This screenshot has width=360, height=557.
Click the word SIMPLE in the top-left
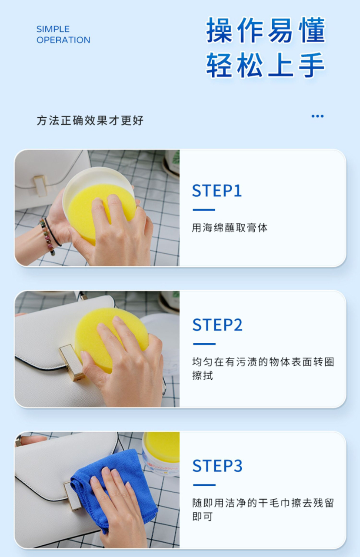[x=53, y=29]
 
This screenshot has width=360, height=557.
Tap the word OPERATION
[x=63, y=40]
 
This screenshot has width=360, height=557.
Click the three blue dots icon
[x=317, y=116]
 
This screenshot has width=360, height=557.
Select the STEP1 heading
[x=217, y=191]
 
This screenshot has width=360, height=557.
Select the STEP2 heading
[x=217, y=325]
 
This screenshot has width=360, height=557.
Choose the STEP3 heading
[x=217, y=466]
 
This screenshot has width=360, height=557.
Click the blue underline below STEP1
[x=204, y=210]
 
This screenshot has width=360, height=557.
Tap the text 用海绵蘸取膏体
[x=230, y=228]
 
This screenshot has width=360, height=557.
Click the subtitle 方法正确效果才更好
[x=90, y=121]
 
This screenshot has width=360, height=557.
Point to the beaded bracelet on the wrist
[x=47, y=237]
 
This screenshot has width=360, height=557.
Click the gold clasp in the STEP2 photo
[x=71, y=362]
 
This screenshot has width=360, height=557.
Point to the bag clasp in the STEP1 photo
[x=40, y=186]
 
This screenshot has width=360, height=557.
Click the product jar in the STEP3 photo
[x=161, y=454]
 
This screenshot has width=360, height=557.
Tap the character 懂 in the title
[x=313, y=30]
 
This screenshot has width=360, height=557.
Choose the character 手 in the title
[x=312, y=65]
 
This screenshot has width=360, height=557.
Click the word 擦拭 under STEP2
[x=203, y=376]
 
